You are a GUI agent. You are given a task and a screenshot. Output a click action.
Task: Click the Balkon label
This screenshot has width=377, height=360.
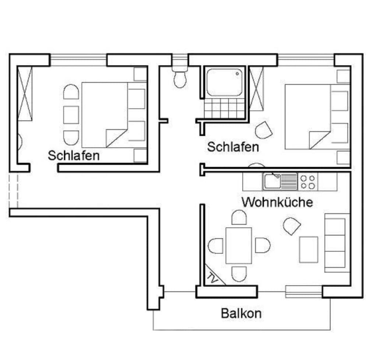point(241,313)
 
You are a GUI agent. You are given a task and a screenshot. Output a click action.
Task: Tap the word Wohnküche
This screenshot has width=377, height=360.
point(277,202)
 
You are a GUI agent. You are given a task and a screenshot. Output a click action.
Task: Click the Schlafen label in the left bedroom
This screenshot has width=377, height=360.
point(74,155)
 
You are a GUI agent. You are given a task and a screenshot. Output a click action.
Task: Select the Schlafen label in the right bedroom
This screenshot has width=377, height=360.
point(233,147)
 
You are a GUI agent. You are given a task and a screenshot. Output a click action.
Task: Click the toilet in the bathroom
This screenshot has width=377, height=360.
point(180,77)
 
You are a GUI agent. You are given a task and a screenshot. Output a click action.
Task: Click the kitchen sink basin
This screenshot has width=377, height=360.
point(272,181)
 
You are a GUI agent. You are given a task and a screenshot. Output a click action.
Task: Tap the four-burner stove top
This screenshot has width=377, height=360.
point(308,182)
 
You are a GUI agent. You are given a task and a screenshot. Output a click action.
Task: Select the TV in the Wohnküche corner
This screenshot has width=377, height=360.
point(214,276)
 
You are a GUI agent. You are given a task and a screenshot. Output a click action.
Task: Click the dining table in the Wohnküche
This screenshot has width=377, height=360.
point(239,246)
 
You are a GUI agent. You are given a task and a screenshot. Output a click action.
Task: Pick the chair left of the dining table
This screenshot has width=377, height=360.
point(215,246)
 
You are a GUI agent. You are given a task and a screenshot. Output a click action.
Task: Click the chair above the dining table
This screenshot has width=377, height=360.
point(239,217)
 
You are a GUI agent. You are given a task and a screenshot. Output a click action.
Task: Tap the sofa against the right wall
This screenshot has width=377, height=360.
point(337,243)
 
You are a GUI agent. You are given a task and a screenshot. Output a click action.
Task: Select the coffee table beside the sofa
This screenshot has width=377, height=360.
point(309,250)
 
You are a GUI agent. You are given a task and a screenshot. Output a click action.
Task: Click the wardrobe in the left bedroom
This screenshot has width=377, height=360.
point(25,94)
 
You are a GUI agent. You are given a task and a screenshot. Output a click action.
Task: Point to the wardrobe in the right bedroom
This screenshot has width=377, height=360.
point(257,89)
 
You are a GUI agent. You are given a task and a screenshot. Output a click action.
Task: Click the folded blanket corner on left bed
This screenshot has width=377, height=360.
point(116,138)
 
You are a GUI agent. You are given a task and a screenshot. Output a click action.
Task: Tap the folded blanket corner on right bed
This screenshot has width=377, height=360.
point(320,140)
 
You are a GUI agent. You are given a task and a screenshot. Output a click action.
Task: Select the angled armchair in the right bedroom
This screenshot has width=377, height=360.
point(264,130)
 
